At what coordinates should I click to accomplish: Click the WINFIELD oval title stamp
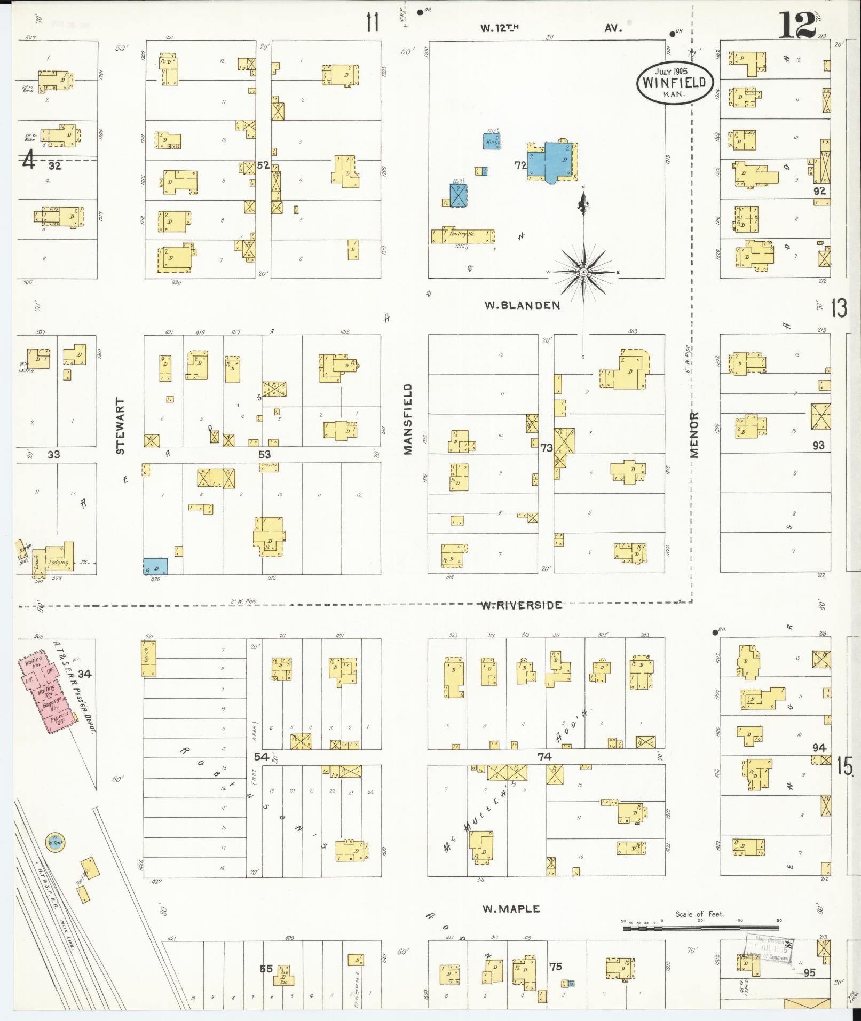(675, 83)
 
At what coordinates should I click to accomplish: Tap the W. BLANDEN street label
(522, 305)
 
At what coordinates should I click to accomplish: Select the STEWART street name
(120, 426)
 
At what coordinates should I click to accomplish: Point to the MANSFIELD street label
(408, 419)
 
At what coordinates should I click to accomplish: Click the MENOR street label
(694, 434)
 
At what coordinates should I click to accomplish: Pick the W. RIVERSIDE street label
(521, 605)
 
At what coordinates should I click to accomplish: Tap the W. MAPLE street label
(511, 909)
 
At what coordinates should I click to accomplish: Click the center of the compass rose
(583, 272)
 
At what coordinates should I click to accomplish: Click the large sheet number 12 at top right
(797, 25)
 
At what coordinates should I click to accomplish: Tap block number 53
(264, 454)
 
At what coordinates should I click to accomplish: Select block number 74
(544, 756)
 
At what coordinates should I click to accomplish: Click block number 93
(818, 445)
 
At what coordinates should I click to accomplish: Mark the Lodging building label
(58, 562)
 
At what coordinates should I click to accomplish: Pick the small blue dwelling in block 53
(155, 566)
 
